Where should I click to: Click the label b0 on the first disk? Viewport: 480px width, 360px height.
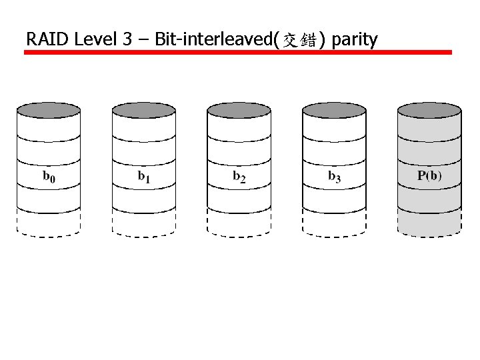[49, 177]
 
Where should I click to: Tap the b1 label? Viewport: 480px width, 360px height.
[144, 177]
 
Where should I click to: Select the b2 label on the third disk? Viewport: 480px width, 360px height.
[239, 177]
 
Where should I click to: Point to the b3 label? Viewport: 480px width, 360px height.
[335, 177]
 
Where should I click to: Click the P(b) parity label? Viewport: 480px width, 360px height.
[429, 177]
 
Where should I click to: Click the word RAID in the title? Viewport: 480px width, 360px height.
[48, 39]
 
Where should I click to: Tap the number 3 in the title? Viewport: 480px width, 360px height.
[127, 39]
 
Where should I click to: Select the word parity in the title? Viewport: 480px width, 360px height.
[354, 40]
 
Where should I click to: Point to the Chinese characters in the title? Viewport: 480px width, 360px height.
[299, 41]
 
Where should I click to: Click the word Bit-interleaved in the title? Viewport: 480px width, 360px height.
[212, 39]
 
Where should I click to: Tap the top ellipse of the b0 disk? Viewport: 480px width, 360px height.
[49, 110]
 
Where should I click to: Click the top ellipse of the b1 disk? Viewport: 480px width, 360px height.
[144, 110]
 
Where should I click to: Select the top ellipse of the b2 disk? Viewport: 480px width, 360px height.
[239, 110]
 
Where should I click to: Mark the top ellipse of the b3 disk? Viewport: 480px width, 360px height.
[334, 110]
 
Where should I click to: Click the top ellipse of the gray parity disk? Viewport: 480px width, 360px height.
[429, 110]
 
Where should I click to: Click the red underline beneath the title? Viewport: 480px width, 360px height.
[238, 52]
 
